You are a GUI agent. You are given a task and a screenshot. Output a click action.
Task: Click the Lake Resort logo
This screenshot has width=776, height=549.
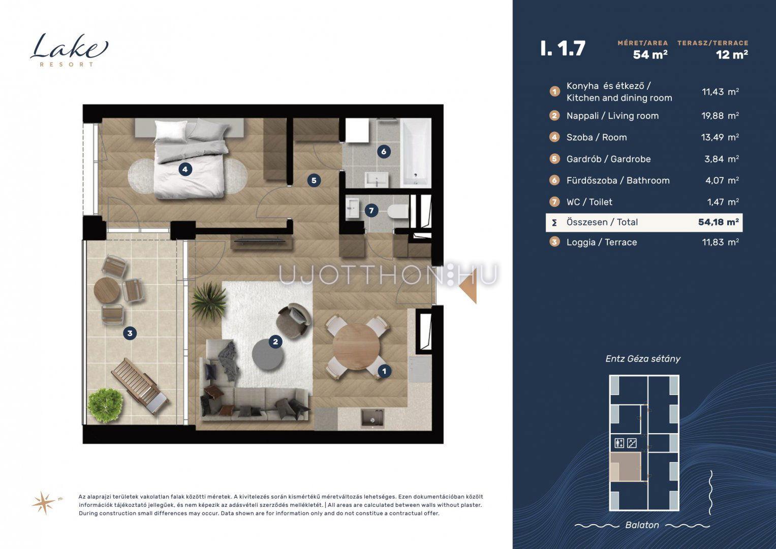(69, 50)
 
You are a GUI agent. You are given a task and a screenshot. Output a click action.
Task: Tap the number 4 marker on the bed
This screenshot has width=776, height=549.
(185, 169)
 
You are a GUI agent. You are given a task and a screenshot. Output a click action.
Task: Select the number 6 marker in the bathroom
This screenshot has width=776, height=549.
(384, 151)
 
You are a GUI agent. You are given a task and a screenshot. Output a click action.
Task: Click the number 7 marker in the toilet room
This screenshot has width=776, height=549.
(371, 210)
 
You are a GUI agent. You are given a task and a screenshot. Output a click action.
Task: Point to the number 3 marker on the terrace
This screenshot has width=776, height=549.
(130, 333)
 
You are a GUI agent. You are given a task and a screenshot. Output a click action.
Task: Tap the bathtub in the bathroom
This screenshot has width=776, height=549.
(416, 153)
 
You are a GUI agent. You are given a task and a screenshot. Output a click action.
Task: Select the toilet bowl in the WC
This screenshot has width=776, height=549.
(398, 211)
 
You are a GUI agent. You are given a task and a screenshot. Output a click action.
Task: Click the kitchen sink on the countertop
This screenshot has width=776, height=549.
(373, 418)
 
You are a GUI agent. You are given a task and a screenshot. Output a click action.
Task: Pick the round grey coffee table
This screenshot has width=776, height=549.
(268, 353)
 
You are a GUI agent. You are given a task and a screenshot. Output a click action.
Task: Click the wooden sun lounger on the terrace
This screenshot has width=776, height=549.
(140, 386)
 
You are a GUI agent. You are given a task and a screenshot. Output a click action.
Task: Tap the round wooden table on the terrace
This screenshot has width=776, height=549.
(107, 290)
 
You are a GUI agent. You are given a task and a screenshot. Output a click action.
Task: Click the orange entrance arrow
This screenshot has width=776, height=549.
(468, 290)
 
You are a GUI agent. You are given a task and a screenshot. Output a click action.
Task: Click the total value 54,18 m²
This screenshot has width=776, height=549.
(719, 222)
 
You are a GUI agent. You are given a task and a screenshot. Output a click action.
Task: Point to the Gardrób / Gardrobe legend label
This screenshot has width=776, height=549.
(608, 159)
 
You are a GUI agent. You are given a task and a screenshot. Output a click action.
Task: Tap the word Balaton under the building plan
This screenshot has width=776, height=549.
(642, 525)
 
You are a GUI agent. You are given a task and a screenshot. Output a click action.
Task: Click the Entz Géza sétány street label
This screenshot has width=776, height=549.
(643, 359)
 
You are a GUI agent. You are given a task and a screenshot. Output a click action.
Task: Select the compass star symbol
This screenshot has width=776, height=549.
(44, 503)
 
